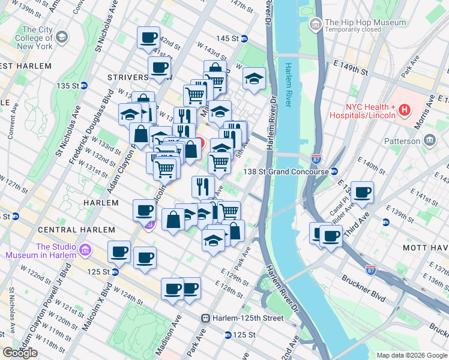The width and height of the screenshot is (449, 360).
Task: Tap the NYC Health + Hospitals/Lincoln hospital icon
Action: click(405, 110)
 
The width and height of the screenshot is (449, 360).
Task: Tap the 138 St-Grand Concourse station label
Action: click(286, 172)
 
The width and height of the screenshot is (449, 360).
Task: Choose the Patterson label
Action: click(402, 141)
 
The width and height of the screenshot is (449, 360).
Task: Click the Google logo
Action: click(20, 353)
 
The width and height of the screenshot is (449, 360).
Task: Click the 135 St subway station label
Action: click(68, 86)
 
